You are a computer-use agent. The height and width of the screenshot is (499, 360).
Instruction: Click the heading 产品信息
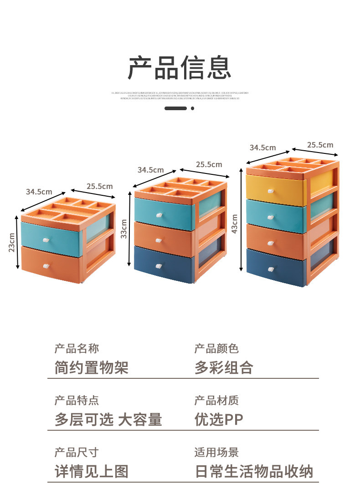click(x=180, y=68)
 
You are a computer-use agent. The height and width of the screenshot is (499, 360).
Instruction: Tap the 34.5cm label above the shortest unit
click(x=39, y=192)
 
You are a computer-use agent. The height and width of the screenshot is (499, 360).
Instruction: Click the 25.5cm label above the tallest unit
click(x=320, y=145)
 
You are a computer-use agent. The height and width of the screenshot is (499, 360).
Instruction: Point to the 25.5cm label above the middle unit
click(x=209, y=164)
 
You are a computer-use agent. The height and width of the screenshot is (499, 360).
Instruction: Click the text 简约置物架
click(x=91, y=367)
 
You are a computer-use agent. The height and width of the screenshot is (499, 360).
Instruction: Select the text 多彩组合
click(x=224, y=367)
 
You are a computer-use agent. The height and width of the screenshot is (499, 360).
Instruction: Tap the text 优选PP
click(x=219, y=419)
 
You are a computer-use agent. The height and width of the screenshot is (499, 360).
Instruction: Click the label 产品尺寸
click(x=76, y=452)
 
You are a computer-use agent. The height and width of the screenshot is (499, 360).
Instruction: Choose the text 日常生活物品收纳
click(x=254, y=471)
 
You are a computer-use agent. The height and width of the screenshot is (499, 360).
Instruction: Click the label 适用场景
click(x=216, y=452)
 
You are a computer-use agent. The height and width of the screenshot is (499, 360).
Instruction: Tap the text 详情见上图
click(x=91, y=471)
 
